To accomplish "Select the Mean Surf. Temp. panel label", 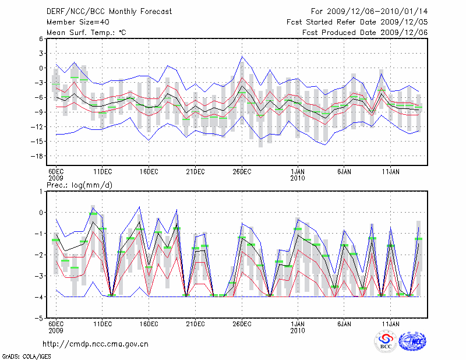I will (x=86, y=33).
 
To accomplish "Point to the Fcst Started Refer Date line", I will (x=357, y=22).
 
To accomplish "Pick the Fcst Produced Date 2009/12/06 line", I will (x=365, y=33).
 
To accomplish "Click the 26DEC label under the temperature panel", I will (x=242, y=172).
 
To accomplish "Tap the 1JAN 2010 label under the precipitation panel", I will (x=298, y=327).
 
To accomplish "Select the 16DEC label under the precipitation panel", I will (x=149, y=324).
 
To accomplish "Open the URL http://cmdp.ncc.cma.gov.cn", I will (x=96, y=344).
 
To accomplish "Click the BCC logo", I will (x=385, y=341).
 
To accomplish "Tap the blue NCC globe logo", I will (x=412, y=341).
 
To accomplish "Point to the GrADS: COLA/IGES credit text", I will (x=26, y=355).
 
